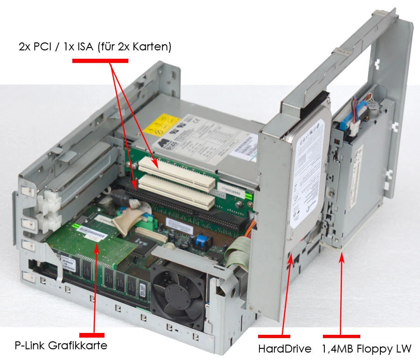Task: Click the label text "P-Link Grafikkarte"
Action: tap(61, 346)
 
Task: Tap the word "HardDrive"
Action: tap(284, 348)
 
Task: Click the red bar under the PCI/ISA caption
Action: tap(100, 60)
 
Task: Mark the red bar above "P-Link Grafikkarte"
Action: tap(91, 335)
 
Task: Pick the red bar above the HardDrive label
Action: tap(274, 335)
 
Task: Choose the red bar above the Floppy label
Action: tap(341, 336)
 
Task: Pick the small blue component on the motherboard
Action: tap(201, 241)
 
